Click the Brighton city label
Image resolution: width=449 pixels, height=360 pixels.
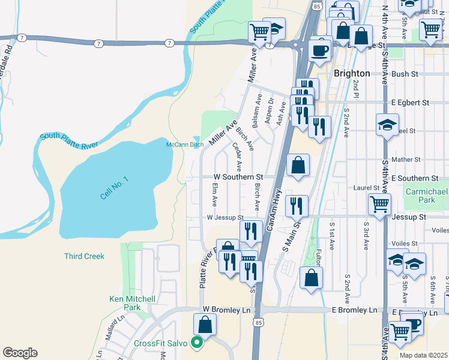click(351, 73)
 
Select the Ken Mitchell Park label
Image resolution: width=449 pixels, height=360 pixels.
click(132, 303)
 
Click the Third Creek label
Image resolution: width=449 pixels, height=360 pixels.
click(84, 256)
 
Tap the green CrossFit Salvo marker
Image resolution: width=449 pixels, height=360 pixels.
click(195, 343)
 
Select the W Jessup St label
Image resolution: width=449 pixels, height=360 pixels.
click(224, 218)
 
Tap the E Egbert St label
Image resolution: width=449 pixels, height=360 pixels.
click(410, 103)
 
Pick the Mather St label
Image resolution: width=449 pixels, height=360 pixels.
click(406, 160)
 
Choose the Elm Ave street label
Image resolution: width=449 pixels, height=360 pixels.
click(214, 194)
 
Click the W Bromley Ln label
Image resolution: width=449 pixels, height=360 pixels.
click(226, 310)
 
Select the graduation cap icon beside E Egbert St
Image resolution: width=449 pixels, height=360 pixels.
click(387, 125)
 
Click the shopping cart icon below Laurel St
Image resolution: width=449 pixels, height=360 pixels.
click(379, 205)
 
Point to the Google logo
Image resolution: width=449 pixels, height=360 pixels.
click(20, 353)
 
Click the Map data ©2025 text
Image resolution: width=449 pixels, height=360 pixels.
click(423, 355)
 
